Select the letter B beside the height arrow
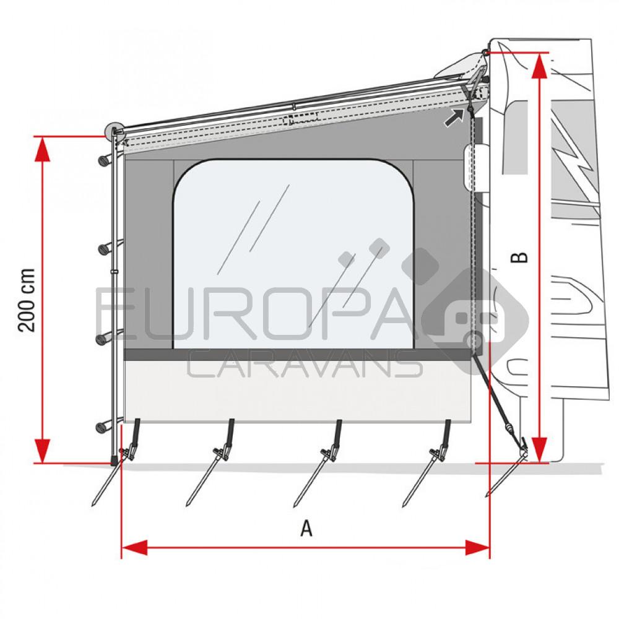522,257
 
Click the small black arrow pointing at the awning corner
454,117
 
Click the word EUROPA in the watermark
254,316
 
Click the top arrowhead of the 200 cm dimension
42,149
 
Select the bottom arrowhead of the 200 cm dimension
42,450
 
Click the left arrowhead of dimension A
134,547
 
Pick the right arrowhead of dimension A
477,547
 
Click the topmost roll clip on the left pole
106,160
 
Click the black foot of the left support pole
114,461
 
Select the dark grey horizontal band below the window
297,355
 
